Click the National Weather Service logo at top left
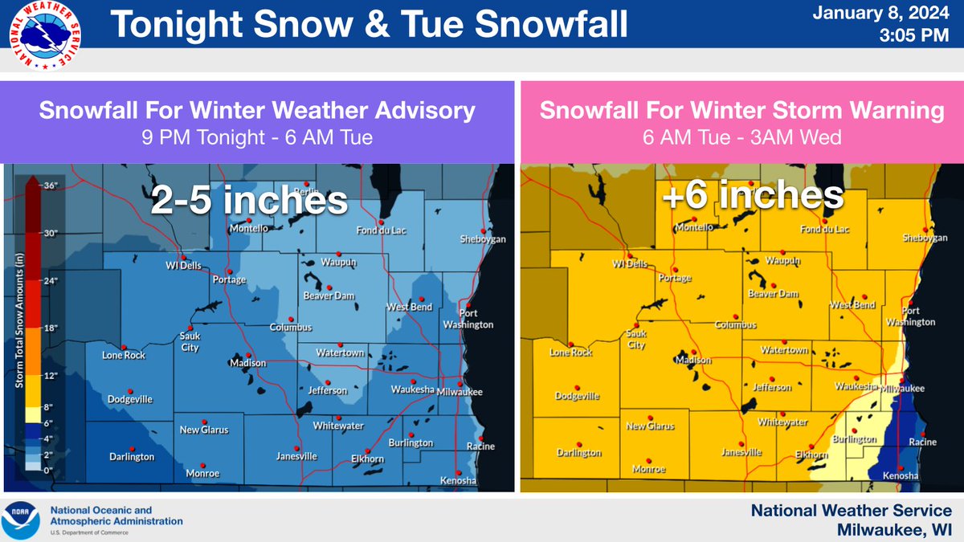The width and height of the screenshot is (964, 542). click(x=38, y=36)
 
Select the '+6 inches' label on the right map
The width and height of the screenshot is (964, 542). click(x=753, y=196)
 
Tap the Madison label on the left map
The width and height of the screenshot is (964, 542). click(x=247, y=364)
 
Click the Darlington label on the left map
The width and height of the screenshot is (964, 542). click(x=131, y=457)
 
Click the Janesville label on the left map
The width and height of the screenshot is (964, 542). click(x=296, y=456)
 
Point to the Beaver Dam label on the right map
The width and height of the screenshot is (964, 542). click(x=773, y=294)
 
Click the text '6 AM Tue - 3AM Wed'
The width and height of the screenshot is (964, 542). click(x=741, y=137)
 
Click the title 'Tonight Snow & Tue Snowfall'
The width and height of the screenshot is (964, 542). click(x=368, y=26)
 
